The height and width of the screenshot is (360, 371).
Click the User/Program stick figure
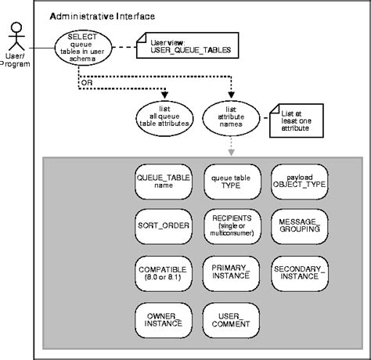click(16, 36)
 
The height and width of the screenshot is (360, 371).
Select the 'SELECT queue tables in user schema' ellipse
click(83, 48)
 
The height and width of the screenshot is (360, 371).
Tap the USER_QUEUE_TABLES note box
click(187, 45)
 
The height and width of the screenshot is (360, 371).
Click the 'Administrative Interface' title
click(103, 16)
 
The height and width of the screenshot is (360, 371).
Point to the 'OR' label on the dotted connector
click(87, 83)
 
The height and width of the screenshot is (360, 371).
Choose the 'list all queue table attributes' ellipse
click(164, 119)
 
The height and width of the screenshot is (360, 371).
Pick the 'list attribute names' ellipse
click(231, 118)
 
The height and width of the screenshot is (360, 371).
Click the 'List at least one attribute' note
click(297, 121)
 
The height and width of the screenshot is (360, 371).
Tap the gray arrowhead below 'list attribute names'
click(231, 153)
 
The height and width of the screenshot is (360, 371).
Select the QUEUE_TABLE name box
click(164, 182)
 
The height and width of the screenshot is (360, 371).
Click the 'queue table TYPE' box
click(232, 182)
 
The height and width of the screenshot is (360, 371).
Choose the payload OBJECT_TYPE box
click(300, 182)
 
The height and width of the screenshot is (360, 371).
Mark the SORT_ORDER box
click(164, 226)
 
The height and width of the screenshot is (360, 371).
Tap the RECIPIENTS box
click(232, 226)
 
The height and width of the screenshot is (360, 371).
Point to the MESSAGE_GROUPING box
click(300, 226)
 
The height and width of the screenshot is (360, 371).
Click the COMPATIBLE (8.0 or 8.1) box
click(164, 274)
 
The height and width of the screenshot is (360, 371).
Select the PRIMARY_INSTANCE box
click(231, 274)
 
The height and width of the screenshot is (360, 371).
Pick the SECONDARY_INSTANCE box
click(300, 274)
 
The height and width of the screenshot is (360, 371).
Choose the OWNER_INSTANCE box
click(164, 320)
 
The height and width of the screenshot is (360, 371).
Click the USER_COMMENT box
click(231, 320)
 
